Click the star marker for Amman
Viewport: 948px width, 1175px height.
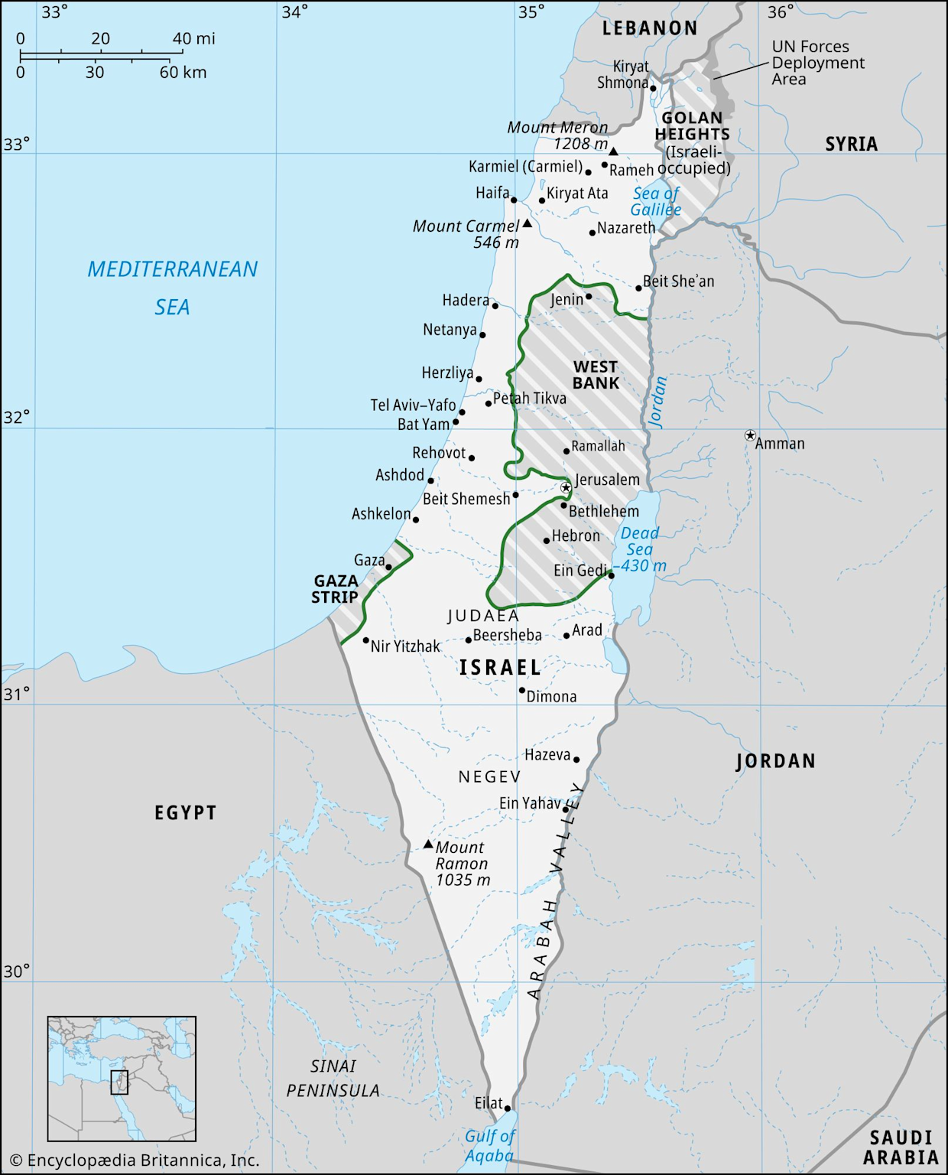tap(750, 435)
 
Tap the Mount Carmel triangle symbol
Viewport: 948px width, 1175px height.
tap(527, 224)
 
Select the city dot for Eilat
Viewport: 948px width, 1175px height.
tap(507, 1108)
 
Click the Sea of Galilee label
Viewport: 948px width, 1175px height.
tap(655, 202)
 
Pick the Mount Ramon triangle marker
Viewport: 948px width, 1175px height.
tap(428, 845)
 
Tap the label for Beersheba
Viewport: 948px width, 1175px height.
tap(507, 635)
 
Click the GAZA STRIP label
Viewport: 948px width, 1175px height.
tap(335, 589)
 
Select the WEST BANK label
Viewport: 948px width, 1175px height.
tap(596, 375)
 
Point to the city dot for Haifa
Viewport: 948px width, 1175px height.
tap(514, 200)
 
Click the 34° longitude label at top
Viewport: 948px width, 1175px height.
tap(295, 11)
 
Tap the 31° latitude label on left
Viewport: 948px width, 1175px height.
tap(16, 694)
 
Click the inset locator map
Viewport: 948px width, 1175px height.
tap(122, 1079)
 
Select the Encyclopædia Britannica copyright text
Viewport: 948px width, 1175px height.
tap(135, 1160)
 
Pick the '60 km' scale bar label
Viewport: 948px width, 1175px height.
tap(183, 73)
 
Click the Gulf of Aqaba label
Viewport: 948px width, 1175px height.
tap(489, 1146)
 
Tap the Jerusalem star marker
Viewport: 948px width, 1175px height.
tap(566, 487)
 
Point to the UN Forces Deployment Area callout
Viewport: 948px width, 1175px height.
tap(817, 63)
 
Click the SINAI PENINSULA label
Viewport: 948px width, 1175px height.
tap(333, 1078)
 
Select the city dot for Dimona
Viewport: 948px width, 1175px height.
tap(522, 690)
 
